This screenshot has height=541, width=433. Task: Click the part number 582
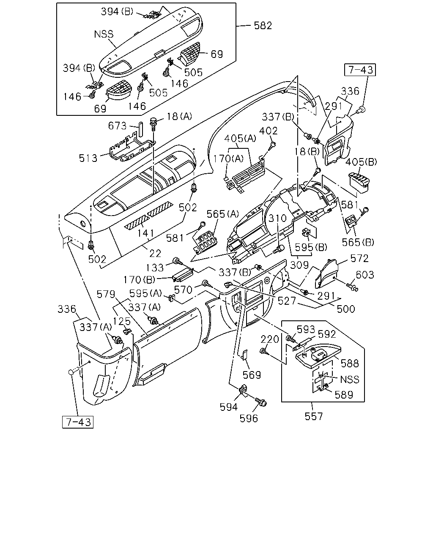click(263, 26)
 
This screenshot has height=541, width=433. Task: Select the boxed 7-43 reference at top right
click(360, 70)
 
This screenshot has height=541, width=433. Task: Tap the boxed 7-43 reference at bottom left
click(78, 422)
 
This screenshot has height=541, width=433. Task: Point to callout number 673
click(117, 126)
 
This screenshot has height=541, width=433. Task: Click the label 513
click(88, 158)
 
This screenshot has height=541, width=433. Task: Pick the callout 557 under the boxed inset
click(314, 417)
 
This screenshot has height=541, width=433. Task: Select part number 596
click(249, 418)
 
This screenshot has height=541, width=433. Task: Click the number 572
click(359, 258)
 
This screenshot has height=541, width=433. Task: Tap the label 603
click(365, 275)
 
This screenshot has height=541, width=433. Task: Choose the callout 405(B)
click(361, 162)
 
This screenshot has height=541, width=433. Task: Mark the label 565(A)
click(223, 214)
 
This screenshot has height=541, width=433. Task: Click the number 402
click(268, 131)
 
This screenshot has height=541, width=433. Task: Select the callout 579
click(106, 294)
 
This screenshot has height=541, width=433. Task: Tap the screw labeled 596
click(261, 402)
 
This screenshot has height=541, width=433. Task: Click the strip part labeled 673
click(140, 129)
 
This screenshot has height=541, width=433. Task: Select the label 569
click(252, 375)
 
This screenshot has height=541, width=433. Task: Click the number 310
click(277, 218)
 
